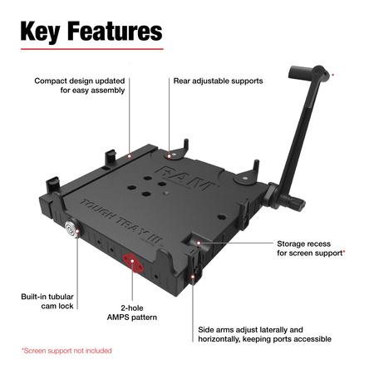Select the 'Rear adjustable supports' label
click(218, 81)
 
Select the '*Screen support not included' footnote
click(66, 351)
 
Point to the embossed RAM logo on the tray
click(179, 176)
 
